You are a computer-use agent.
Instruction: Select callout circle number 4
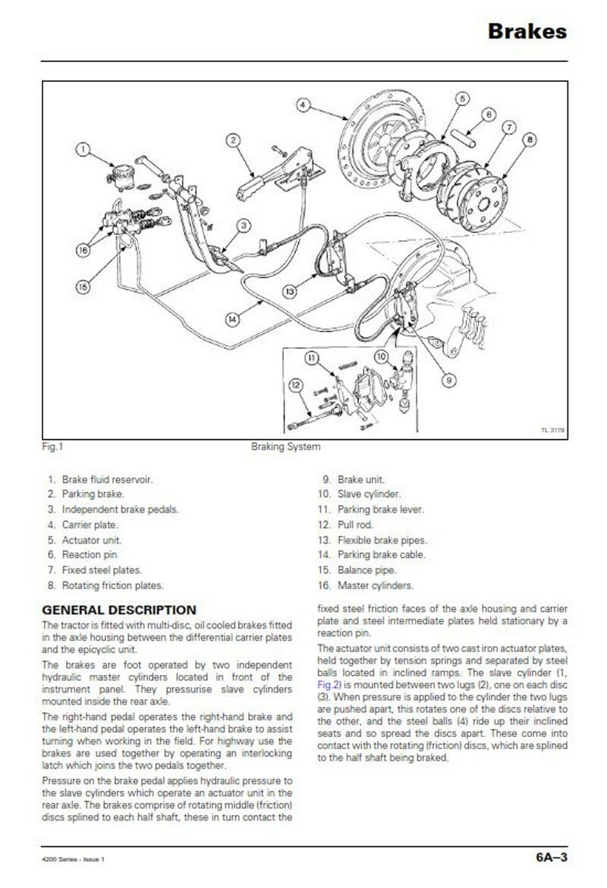pyautogui.click(x=302, y=105)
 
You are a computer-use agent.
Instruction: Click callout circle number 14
pyautogui.click(x=234, y=319)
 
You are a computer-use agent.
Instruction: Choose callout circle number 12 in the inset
pyautogui.click(x=297, y=385)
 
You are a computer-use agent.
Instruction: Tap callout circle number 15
pyautogui.click(x=83, y=286)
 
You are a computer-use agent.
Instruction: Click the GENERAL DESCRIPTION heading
pyautogui.click(x=118, y=610)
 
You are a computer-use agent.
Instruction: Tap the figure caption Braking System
pyautogui.click(x=285, y=447)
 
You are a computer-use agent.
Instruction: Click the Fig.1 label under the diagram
pyautogui.click(x=52, y=447)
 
